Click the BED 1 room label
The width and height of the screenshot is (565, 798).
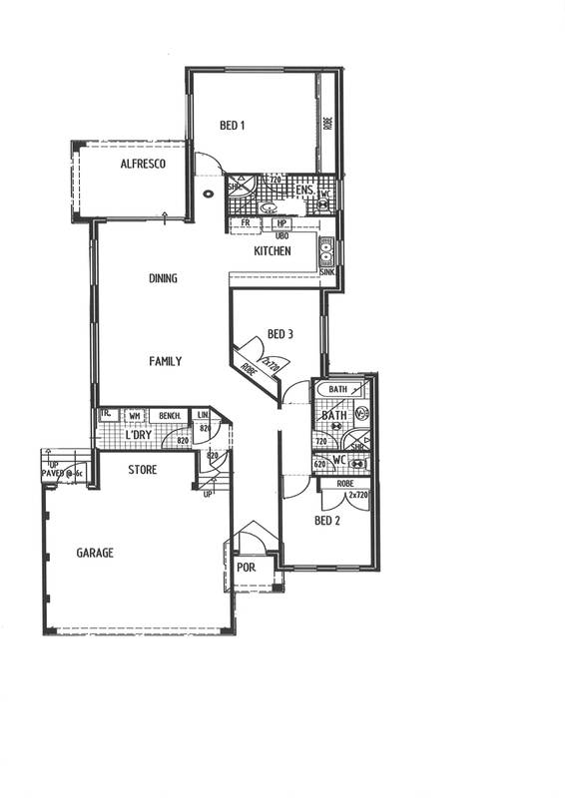(233, 126)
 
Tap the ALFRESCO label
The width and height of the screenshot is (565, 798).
(142, 164)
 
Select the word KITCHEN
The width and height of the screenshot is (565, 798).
(272, 251)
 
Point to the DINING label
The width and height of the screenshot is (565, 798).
(162, 278)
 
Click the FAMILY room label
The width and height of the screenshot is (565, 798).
(165, 361)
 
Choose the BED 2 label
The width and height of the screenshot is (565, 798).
(328, 521)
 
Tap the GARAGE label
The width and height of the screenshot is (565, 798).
(95, 552)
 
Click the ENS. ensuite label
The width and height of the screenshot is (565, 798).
(304, 189)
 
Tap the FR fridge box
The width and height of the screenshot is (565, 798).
(246, 223)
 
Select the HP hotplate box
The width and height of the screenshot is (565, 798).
(282, 223)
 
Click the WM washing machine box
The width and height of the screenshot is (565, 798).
(133, 414)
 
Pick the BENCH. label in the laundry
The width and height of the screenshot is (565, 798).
(168, 414)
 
